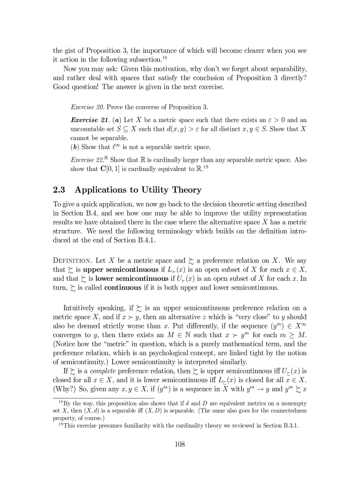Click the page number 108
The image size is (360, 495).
click(180, 444)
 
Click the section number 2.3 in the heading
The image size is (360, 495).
click(59, 190)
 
